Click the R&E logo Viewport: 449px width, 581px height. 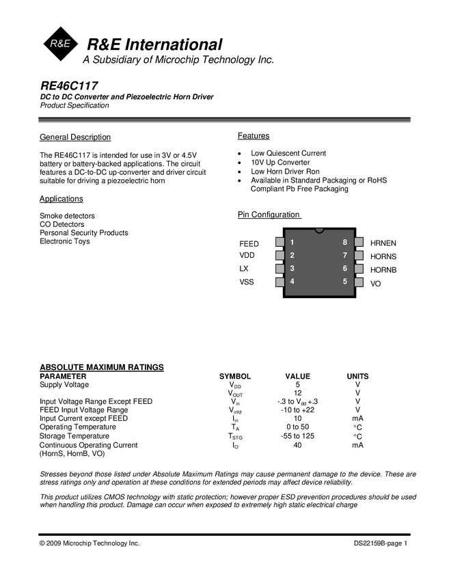point(61,44)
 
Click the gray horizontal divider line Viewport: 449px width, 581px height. point(224,122)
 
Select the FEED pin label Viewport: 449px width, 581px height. point(249,243)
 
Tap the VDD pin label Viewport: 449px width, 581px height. point(247,256)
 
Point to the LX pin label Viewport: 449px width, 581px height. point(244,269)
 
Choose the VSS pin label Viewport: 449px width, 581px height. point(247,282)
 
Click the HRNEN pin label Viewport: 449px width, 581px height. point(383,243)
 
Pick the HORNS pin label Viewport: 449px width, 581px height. point(383,256)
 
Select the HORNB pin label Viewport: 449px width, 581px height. point(383,269)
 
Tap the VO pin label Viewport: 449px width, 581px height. point(376,283)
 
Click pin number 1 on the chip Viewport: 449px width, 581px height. point(292,242)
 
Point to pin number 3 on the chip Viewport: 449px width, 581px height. point(292,268)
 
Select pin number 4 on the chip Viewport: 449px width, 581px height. point(292,281)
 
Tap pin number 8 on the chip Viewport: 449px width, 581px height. point(345,242)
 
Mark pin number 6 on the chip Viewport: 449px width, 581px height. point(345,269)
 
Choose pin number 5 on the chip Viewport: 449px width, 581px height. point(345,281)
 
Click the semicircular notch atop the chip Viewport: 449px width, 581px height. point(319,231)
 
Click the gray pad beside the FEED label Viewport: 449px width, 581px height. point(280,242)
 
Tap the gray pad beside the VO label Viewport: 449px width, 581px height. point(358,282)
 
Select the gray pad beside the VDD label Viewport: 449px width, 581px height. point(280,255)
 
